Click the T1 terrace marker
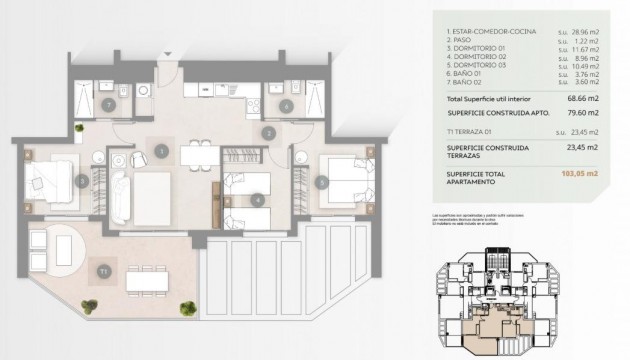tap(102, 271)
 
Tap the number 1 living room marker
tap(161, 150)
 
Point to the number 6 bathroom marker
tap(287, 105)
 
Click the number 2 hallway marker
tap(267, 131)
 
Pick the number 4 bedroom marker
tap(258, 199)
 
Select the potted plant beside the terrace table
tap(186, 307)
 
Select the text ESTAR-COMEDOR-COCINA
tap(485, 33)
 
